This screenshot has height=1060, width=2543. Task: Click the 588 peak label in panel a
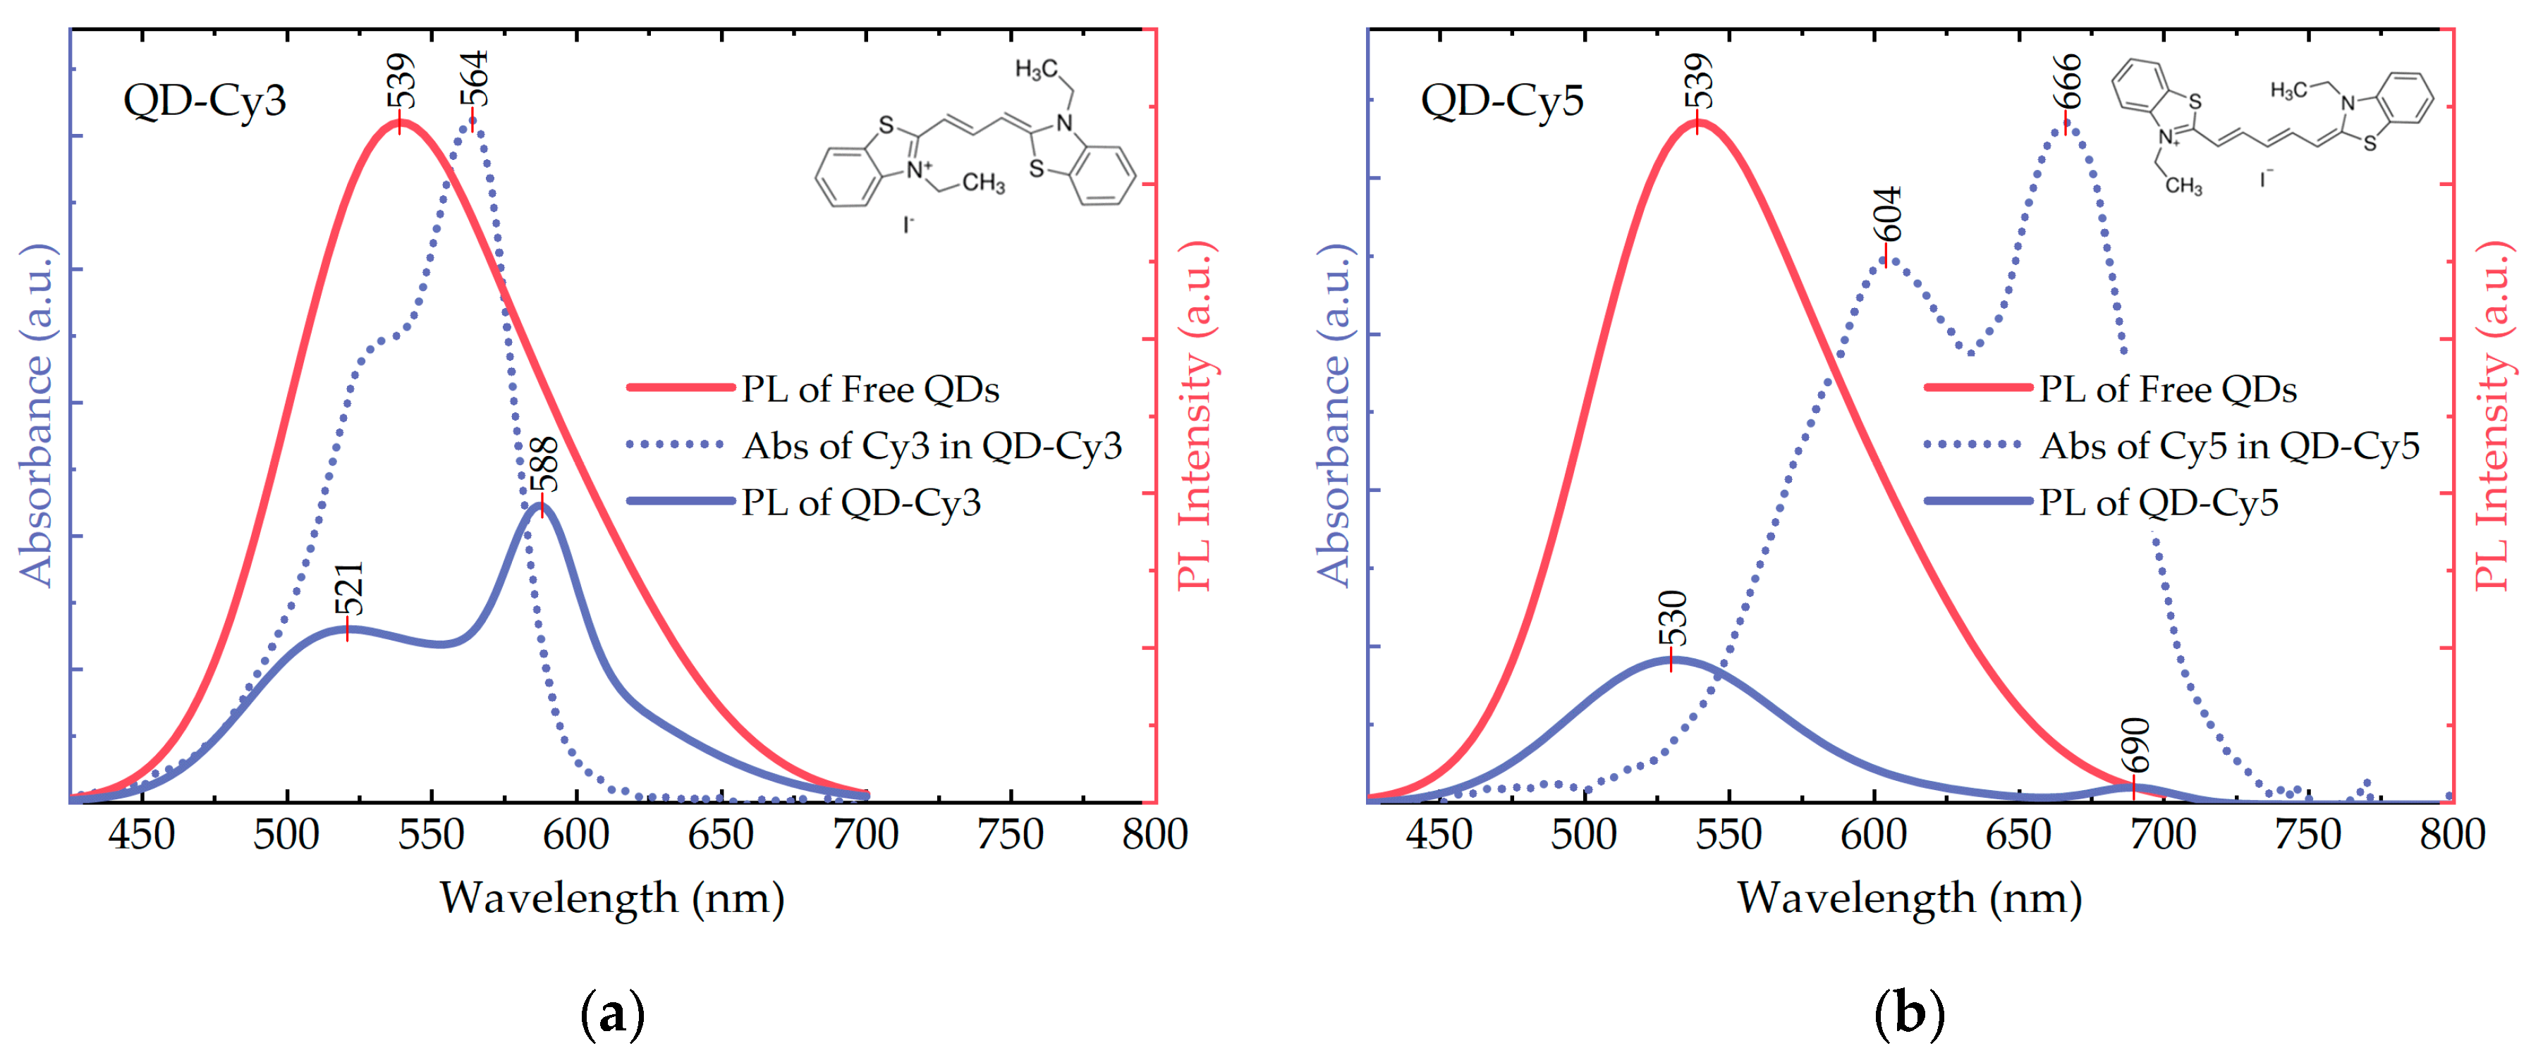[x=544, y=464]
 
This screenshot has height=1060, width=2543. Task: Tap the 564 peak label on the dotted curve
[x=475, y=78]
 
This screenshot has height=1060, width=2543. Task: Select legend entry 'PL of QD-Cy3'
[x=861, y=503]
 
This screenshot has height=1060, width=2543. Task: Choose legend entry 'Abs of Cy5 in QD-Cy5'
[x=2229, y=446]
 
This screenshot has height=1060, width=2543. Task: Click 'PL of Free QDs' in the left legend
[x=870, y=389]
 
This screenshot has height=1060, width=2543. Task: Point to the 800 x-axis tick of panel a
[x=1154, y=835]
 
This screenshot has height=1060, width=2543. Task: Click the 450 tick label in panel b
[x=1439, y=835]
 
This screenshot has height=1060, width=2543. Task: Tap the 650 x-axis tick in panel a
[x=721, y=835]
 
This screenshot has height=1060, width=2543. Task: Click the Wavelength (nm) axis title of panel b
[x=1909, y=898]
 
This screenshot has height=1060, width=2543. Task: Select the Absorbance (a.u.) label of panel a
[x=37, y=414]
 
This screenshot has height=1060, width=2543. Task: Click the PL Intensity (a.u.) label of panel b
[x=2493, y=414]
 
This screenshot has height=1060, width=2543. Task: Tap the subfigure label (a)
[x=613, y=1013]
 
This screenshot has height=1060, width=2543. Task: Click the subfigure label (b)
[x=1909, y=1013]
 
